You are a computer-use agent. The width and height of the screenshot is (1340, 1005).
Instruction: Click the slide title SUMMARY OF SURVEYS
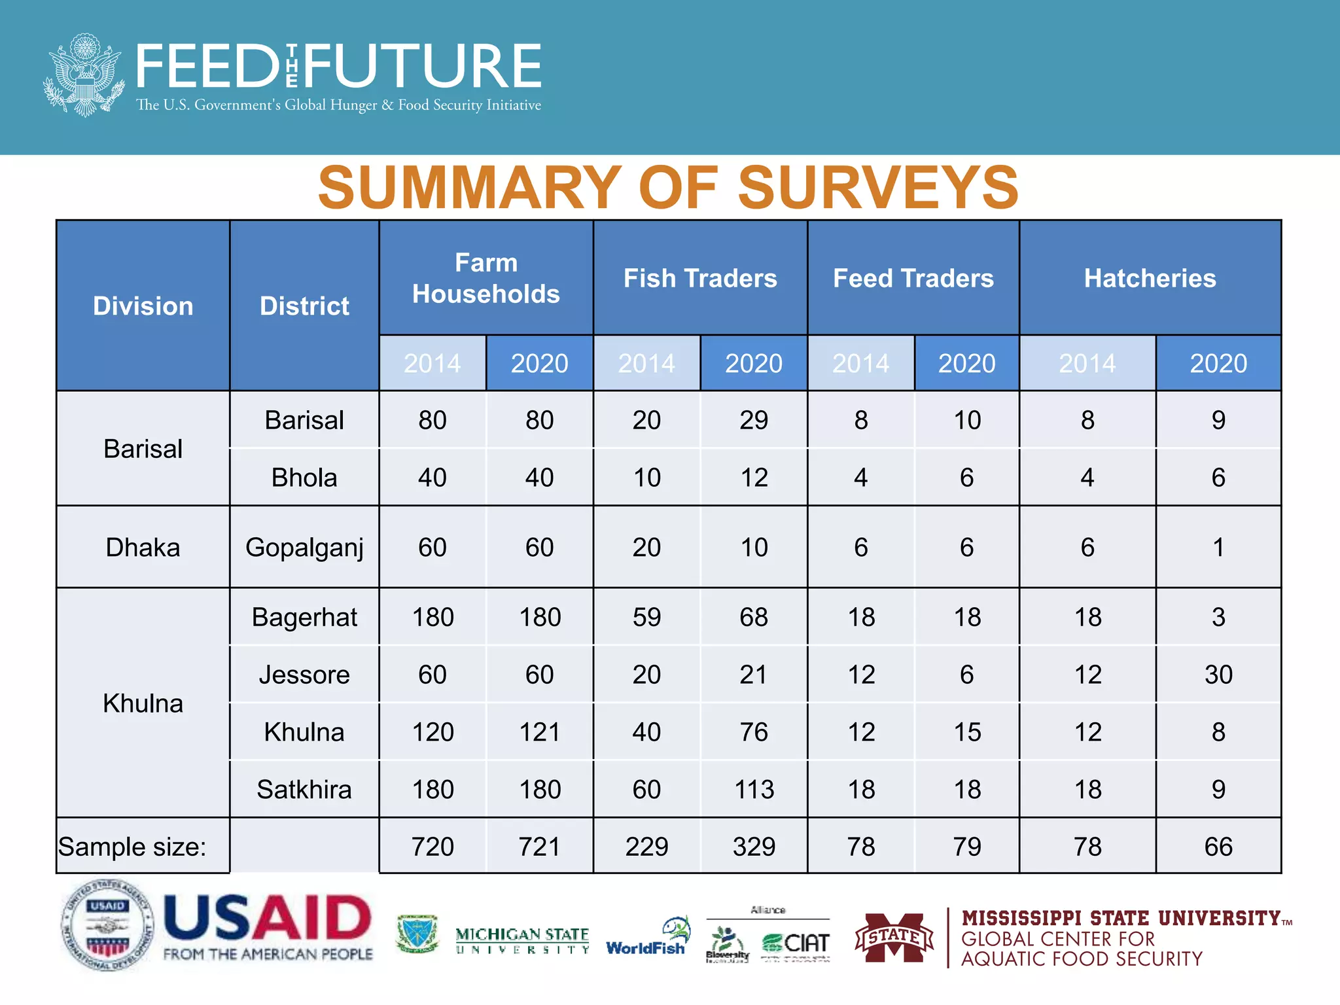(668, 188)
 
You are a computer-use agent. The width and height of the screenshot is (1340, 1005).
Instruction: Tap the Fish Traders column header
(700, 279)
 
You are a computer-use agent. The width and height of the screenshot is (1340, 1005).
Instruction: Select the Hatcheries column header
(1150, 279)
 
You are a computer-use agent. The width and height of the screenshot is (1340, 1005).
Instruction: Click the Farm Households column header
(485, 279)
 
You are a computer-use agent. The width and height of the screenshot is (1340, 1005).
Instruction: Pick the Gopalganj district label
(304, 548)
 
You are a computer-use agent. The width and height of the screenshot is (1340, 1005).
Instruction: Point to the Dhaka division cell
(143, 548)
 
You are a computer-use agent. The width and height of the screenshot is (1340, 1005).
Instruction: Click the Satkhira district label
(304, 790)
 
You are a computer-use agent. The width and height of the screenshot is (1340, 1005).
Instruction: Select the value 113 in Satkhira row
(754, 790)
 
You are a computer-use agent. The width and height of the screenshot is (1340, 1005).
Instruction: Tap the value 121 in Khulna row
(539, 732)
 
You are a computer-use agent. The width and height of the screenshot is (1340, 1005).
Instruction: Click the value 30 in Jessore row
(1218, 675)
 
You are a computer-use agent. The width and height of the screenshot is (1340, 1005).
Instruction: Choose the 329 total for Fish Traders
(754, 847)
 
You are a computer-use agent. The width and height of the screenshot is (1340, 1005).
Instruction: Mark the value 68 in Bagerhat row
(754, 617)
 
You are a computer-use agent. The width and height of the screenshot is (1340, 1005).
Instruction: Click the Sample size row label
(132, 847)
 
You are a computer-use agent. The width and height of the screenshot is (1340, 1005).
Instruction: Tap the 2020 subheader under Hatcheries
(1218, 364)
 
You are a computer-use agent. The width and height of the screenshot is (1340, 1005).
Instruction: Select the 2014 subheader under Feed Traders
(860, 364)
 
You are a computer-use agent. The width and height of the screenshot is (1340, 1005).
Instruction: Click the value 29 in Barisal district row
(754, 420)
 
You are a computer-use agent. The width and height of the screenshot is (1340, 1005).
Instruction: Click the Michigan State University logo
(522, 940)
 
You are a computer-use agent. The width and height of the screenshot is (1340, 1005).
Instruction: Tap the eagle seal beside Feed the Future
(84, 75)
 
